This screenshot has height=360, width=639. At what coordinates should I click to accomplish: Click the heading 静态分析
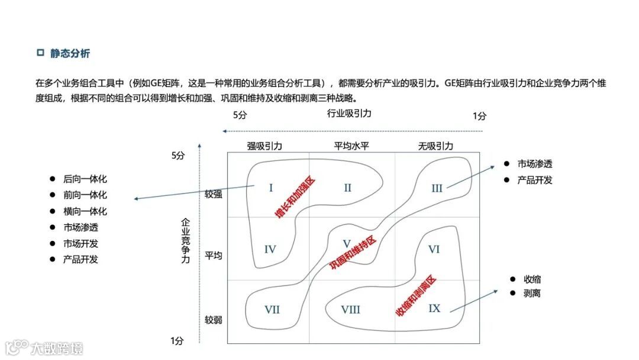coord(70,54)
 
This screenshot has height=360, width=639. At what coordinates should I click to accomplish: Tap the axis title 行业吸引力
coord(349,114)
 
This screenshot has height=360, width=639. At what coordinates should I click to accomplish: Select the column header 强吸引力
coord(264,146)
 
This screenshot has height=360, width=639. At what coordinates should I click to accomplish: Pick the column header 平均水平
coord(351,146)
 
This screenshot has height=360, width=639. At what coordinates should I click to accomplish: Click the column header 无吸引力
coord(435,146)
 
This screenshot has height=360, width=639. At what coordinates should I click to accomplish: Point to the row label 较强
coord(214,194)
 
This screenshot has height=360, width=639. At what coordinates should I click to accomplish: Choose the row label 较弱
coord(214,320)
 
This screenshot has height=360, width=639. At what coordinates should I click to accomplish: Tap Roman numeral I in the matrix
coord(270,188)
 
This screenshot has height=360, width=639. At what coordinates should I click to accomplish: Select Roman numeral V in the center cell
coord(347,244)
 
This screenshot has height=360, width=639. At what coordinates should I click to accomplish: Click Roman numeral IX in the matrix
coord(434,308)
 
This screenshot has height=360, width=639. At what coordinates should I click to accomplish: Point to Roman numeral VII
coord(272,310)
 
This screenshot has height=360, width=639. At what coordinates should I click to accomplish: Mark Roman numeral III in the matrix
coord(437,188)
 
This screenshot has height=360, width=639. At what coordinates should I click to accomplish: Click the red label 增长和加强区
coord(295,198)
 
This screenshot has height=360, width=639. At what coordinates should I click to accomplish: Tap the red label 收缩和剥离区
coord(415,294)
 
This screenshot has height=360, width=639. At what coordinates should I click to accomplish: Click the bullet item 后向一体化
coord(85,179)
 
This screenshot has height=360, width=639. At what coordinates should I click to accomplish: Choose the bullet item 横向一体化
coord(85,211)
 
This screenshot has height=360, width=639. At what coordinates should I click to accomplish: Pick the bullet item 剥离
coord(532,293)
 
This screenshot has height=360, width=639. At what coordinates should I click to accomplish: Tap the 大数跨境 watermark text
coord(57,348)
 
